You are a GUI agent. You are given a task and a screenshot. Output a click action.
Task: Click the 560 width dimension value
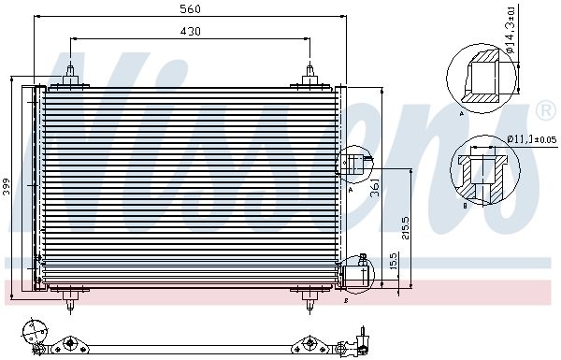click(x=190, y=9)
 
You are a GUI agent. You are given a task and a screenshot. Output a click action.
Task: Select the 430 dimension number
click(x=190, y=32)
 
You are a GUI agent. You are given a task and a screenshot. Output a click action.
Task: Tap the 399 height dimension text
click(x=7, y=187)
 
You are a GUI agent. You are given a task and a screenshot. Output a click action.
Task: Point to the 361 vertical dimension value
click(x=375, y=188)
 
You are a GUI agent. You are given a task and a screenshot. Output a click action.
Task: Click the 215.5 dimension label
click(x=406, y=228)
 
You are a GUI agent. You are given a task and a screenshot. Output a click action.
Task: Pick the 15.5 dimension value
click(x=394, y=261)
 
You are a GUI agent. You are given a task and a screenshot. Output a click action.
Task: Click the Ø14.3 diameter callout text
click(x=511, y=30)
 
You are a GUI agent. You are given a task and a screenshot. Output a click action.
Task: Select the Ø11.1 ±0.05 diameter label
click(x=532, y=139)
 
